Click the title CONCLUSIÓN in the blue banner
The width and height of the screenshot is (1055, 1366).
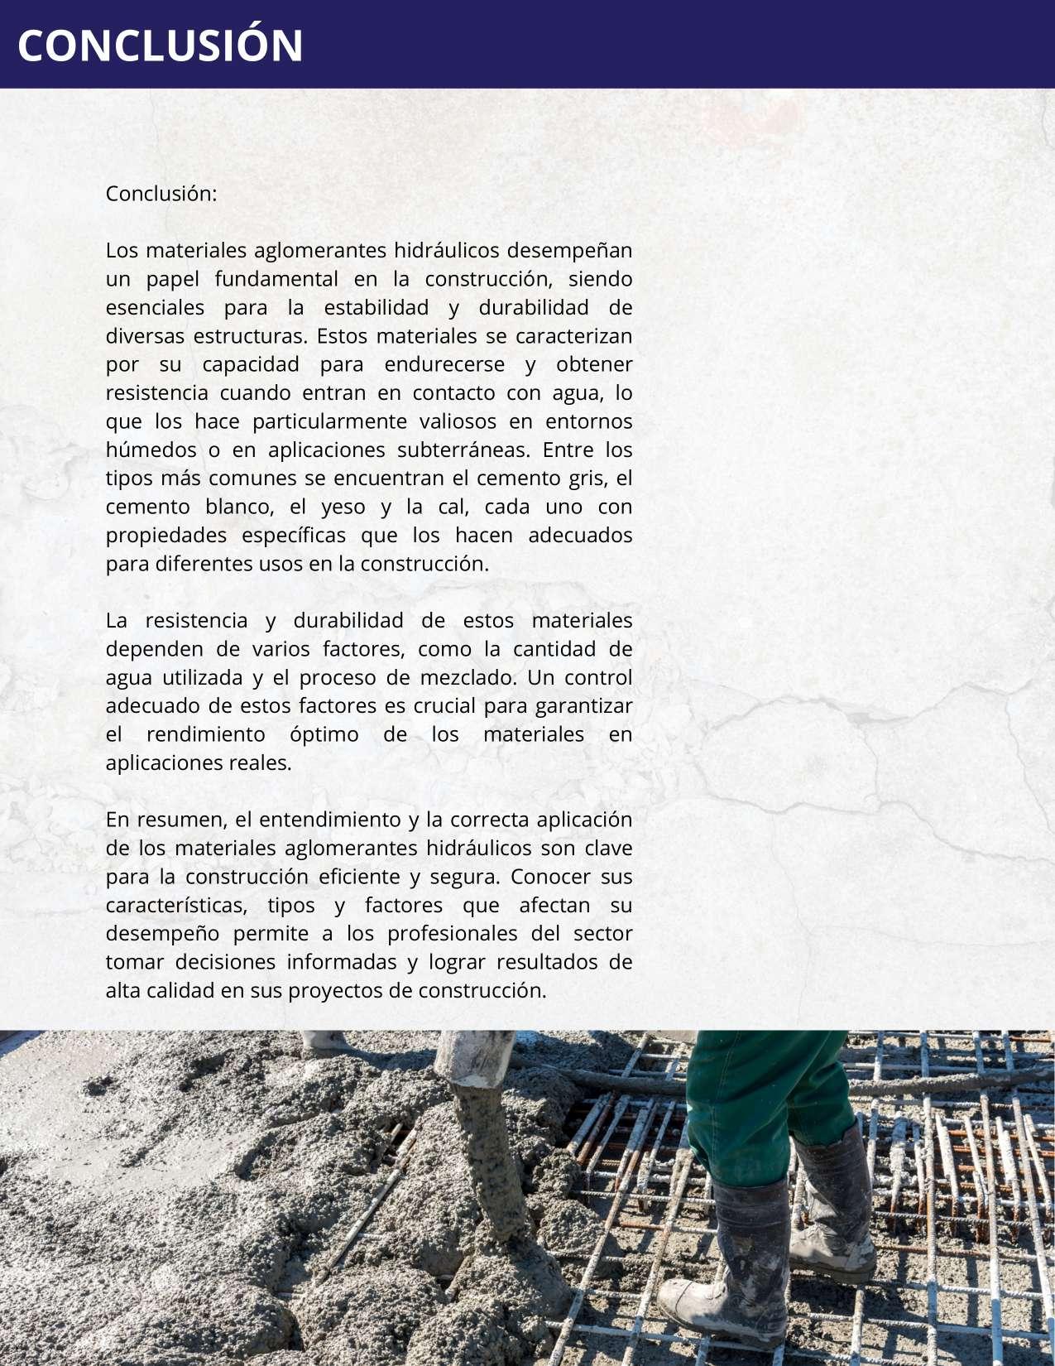coord(161,46)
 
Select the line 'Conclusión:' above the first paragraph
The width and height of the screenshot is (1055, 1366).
coord(161,194)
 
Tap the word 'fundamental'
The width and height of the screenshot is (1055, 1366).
coord(276,279)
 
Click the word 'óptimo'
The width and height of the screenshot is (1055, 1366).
coord(324,734)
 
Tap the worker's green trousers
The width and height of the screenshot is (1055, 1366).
coord(765,1101)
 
